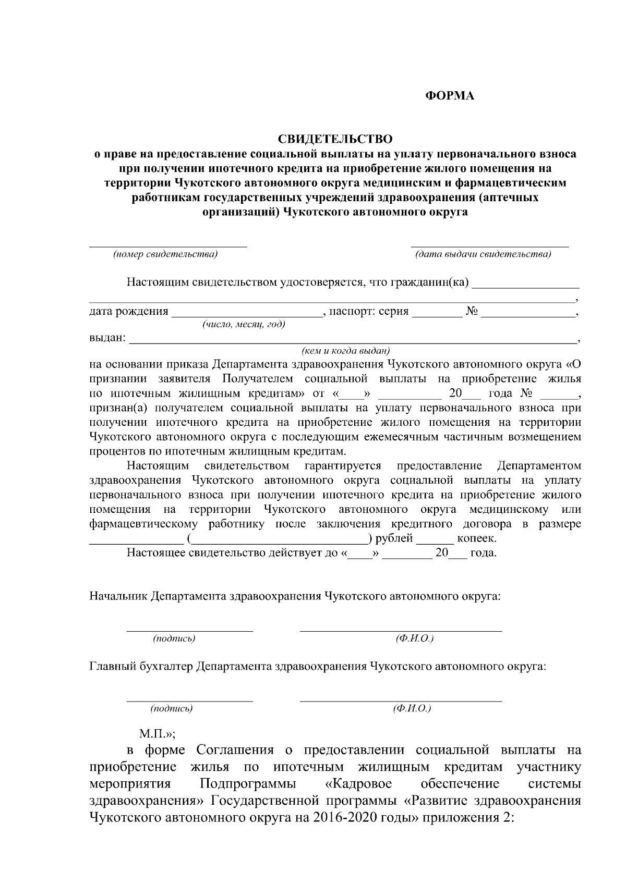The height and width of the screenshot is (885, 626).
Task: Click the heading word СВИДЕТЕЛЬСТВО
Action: (x=334, y=139)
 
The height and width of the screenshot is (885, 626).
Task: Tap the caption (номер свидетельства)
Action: (x=166, y=254)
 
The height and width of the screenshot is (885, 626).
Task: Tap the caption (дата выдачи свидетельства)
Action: (x=483, y=254)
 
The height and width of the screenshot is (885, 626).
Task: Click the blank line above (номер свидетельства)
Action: (x=167, y=244)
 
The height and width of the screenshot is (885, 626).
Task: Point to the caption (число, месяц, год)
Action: (x=244, y=325)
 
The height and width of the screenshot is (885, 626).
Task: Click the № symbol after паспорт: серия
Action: (x=472, y=312)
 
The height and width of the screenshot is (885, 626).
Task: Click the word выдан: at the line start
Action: (x=107, y=338)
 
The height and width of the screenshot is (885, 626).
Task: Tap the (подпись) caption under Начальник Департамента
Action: (x=174, y=638)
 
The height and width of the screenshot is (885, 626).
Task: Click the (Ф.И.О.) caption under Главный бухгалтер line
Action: (x=412, y=709)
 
